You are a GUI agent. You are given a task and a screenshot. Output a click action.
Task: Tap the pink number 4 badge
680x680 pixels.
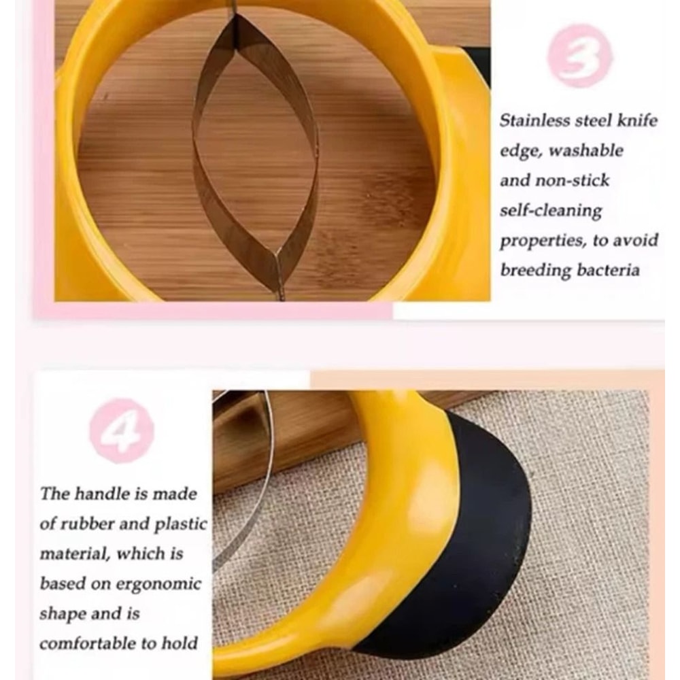click(122, 430)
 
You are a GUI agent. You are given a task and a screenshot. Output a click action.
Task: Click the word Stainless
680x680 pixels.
click(532, 120)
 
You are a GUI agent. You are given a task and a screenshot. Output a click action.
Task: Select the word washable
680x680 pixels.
click(585, 150)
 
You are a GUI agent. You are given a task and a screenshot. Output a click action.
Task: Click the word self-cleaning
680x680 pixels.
click(551, 210)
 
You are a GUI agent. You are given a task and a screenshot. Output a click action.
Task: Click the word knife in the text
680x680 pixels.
click(639, 120)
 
